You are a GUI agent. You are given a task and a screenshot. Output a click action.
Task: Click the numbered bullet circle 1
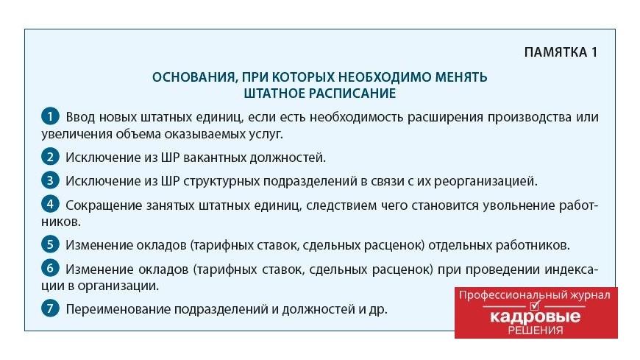pos(50,116)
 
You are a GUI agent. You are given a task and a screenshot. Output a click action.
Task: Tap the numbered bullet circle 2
pos(50,157)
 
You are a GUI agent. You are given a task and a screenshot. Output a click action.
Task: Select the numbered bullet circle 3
pos(50,180)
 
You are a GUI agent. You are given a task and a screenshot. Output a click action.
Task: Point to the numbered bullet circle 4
pos(50,203)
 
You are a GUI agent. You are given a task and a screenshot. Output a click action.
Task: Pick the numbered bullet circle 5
pos(50,244)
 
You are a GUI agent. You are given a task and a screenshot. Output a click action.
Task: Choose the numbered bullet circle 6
pos(50,268)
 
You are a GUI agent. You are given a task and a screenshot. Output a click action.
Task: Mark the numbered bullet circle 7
pos(50,308)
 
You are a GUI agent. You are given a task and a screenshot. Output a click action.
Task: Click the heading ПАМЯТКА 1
pos(561,52)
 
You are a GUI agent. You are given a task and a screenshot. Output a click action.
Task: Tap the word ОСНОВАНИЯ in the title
pos(193,77)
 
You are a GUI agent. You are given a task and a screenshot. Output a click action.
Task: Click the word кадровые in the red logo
pos(535,316)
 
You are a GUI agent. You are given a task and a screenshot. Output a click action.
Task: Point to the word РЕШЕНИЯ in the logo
pos(536,330)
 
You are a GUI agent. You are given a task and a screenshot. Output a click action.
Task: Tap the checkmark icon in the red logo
pos(535,305)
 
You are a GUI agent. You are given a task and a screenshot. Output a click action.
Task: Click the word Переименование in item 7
pos(118,309)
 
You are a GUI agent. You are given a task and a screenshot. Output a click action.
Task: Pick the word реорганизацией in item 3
pos(486,181)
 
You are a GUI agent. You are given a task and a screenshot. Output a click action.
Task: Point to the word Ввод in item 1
pos(80,117)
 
